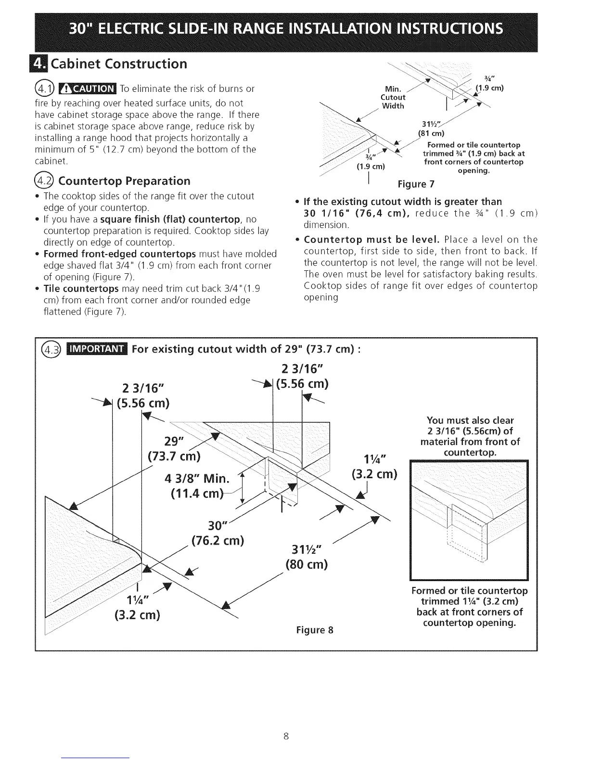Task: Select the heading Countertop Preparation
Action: pos(124,181)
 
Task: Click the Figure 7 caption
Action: pos(413,185)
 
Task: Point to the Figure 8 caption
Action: pos(316,630)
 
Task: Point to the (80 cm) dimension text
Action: pos(306,564)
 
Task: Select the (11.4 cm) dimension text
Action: pos(198,495)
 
